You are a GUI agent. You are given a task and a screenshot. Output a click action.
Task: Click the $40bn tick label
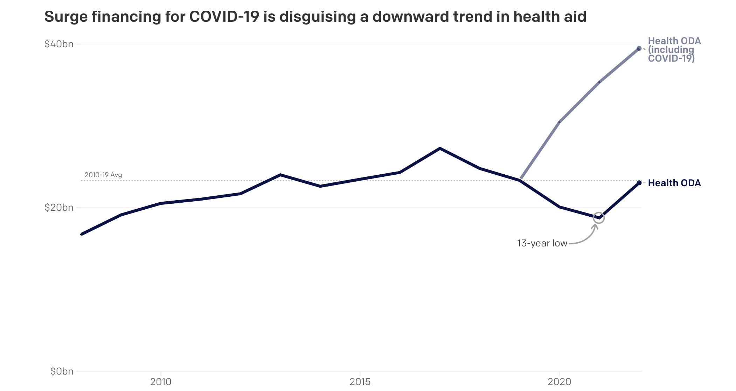(59, 44)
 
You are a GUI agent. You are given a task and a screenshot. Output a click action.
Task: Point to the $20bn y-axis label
(59, 208)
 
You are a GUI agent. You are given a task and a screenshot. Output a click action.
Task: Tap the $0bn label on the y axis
(62, 371)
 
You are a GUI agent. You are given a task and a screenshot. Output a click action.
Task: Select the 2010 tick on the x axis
(161, 382)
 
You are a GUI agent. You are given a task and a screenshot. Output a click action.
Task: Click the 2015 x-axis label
(360, 382)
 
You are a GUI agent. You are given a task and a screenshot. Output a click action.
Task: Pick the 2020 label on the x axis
(559, 382)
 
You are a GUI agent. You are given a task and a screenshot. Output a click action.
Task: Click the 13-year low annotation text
(542, 243)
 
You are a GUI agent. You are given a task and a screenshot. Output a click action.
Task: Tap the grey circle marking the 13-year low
(599, 218)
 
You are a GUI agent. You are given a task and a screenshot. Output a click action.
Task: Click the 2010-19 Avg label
(103, 175)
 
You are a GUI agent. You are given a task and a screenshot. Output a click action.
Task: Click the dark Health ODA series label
(674, 183)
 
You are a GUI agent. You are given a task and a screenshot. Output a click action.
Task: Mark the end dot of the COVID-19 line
(639, 48)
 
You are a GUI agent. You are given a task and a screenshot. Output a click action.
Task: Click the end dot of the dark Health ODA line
(639, 183)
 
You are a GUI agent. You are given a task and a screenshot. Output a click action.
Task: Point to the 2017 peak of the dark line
(440, 148)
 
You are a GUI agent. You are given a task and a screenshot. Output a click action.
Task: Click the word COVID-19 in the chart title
(224, 17)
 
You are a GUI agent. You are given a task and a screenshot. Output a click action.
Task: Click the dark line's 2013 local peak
(280, 175)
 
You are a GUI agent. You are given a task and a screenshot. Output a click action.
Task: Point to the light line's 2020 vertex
(560, 122)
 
